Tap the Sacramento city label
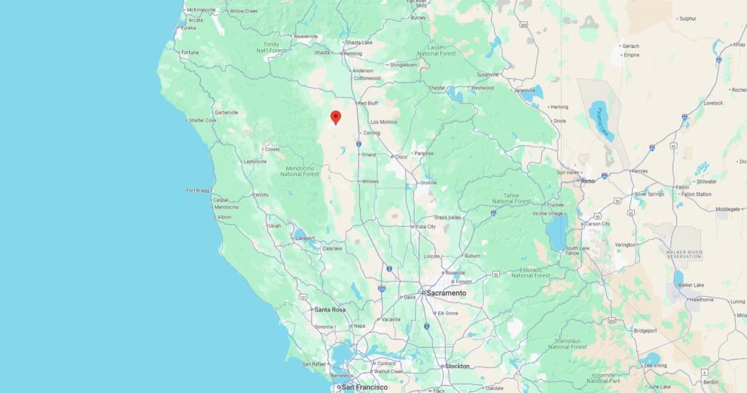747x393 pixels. click(446, 293)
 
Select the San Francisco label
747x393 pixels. click(365, 387)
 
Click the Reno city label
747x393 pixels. click(588, 181)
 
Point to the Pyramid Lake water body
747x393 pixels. click(601, 119)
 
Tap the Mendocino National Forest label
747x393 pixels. click(299, 171)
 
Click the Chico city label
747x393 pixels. click(401, 157)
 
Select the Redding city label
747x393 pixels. click(353, 53)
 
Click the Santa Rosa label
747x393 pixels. click(330, 310)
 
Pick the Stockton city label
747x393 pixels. click(457, 366)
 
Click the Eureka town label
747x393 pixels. click(189, 28)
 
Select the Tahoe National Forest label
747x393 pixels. click(511, 198)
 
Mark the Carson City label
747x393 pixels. click(597, 224)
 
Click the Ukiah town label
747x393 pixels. click(274, 226)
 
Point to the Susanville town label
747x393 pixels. click(487, 75)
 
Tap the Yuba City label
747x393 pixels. click(426, 227)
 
